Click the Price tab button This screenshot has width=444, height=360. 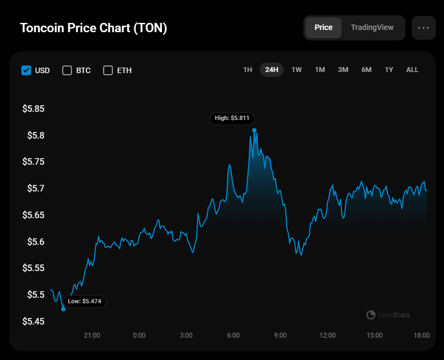[323, 27]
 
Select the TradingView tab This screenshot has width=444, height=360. [372, 27]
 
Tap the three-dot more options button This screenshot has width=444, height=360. [424, 28]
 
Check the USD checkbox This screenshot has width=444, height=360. [26, 70]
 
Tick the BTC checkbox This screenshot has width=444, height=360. [67, 70]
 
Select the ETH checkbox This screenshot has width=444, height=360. [108, 70]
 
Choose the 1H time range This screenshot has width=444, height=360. [248, 70]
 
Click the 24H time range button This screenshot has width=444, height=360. [272, 70]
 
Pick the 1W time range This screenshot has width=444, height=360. [297, 70]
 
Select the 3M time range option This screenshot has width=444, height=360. [343, 70]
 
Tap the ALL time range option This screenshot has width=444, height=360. [412, 70]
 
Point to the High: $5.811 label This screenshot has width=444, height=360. [232, 118]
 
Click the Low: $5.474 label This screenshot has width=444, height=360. [85, 302]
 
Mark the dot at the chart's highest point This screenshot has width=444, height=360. [254, 130]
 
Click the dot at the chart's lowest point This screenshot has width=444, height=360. [63, 309]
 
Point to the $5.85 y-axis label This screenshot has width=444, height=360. [33, 109]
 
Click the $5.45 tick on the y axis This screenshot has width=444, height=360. [33, 321]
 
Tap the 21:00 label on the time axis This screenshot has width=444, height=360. [92, 335]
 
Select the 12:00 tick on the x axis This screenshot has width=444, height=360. [327, 335]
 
